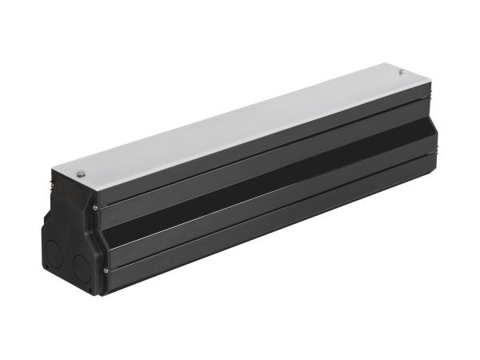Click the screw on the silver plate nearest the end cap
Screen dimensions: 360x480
pyautogui.click(x=81, y=173)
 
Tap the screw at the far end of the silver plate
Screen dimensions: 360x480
pyautogui.click(x=401, y=72)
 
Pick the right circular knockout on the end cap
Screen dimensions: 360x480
pyautogui.click(x=80, y=266)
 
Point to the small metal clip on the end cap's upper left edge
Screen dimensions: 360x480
pyautogui.click(x=53, y=182)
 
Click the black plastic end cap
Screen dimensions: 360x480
pyautogui.click(x=72, y=232)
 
